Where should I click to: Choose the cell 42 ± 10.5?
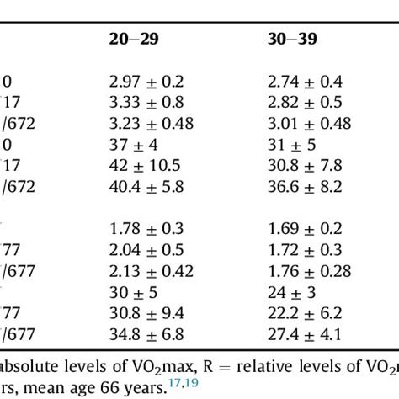(x=145, y=166)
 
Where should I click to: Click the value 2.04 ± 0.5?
(x=145, y=250)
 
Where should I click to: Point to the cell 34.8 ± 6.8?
(x=147, y=335)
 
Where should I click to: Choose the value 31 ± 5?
(x=290, y=144)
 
